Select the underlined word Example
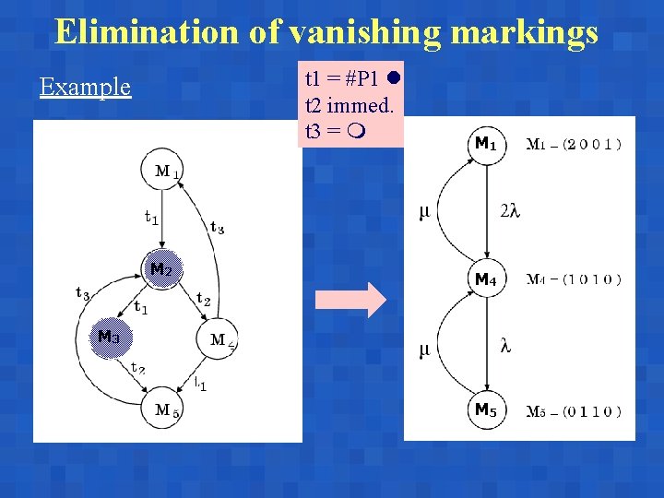click(85, 88)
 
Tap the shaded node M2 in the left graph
click(161, 270)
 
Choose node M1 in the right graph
click(485, 144)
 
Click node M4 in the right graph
click(485, 279)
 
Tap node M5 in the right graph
click(485, 409)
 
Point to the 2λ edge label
click(510, 211)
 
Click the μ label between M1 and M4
click(424, 212)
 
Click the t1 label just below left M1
click(150, 218)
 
